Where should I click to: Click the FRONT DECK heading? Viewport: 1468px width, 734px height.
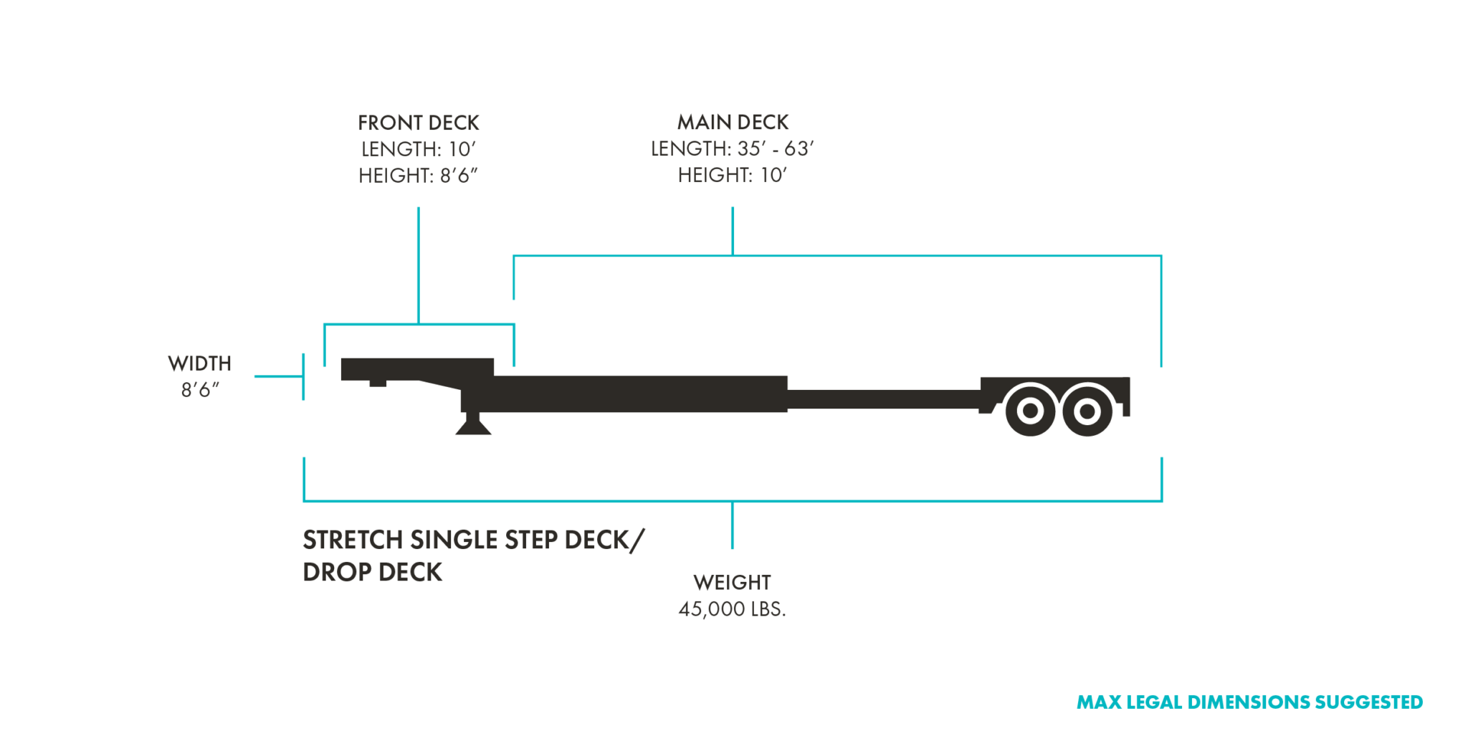click(418, 123)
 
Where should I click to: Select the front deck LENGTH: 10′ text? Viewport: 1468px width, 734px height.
click(418, 149)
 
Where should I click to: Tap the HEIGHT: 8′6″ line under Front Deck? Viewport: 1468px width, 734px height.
click(418, 176)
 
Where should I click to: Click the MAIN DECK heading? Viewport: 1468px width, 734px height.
click(733, 122)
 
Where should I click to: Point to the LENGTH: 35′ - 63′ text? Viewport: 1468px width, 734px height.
click(732, 148)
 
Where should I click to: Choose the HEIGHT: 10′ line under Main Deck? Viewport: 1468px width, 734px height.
click(732, 175)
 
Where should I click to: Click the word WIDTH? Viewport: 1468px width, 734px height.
click(199, 363)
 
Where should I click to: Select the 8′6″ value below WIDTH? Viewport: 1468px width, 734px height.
click(199, 390)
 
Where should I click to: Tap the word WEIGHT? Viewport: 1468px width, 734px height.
click(732, 582)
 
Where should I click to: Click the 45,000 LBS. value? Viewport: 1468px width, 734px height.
click(732, 609)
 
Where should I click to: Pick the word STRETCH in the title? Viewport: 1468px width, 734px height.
click(353, 540)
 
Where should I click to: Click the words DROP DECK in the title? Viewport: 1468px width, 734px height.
click(372, 572)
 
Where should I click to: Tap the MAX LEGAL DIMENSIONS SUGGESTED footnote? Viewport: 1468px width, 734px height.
click(1249, 702)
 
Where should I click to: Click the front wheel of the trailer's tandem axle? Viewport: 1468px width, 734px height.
click(1030, 411)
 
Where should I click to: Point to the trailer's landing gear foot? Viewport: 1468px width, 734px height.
click(473, 427)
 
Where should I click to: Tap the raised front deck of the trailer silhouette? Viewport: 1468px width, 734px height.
click(416, 368)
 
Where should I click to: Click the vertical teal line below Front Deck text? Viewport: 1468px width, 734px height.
click(418, 265)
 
